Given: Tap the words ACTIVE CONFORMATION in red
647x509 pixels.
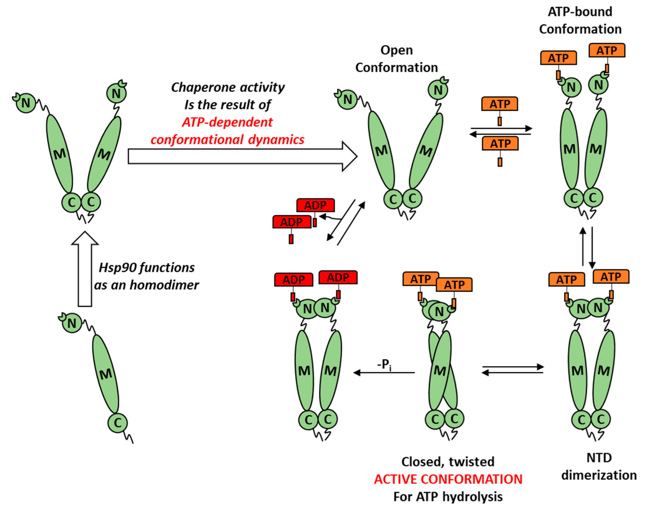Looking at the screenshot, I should click(x=448, y=479).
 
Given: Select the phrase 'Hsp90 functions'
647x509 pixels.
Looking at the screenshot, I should click(x=147, y=268).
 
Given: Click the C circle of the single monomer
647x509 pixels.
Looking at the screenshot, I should click(x=118, y=423).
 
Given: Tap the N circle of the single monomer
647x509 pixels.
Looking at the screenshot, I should click(x=72, y=323).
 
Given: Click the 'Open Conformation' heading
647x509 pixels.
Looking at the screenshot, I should click(x=397, y=59).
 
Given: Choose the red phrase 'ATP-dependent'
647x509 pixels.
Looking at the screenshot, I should click(x=227, y=122).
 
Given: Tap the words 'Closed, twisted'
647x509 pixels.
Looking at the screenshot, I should click(x=448, y=462).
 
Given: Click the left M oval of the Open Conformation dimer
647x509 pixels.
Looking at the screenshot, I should click(x=382, y=151).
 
